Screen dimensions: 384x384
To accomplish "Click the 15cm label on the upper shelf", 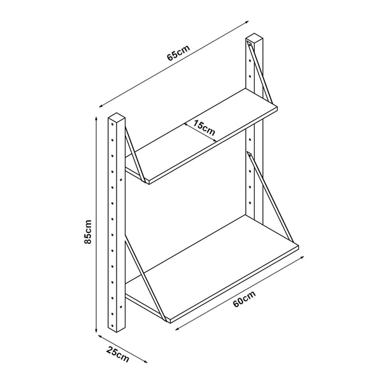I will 205,128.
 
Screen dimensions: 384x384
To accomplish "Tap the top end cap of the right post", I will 254,40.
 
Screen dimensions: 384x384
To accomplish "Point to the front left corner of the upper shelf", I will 147,183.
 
